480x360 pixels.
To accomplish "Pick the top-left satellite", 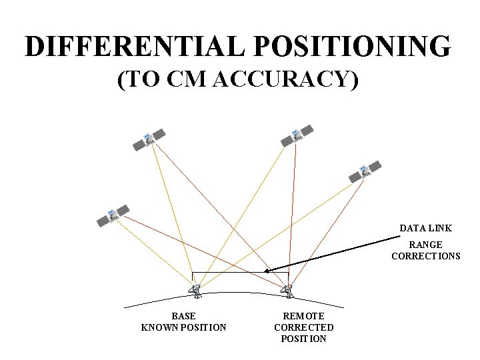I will [x=149, y=139].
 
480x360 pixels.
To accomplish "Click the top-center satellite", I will [x=297, y=135].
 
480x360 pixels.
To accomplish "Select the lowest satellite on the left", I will [x=113, y=215].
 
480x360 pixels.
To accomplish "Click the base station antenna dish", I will [x=195, y=290].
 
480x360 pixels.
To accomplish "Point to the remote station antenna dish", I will [x=287, y=290].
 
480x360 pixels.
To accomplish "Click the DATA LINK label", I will [x=425, y=228].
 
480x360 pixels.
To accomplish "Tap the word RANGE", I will [x=425, y=245].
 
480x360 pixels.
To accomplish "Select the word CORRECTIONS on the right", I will [x=425, y=256].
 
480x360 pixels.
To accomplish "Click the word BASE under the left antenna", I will [x=183, y=316].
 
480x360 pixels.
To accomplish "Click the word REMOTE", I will [x=303, y=316].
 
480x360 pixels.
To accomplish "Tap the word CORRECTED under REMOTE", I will [x=303, y=327].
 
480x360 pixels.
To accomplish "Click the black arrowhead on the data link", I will [x=267, y=271].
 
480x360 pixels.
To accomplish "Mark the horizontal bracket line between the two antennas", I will [x=240, y=273].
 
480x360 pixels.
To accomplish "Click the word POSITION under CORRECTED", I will [x=303, y=339].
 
